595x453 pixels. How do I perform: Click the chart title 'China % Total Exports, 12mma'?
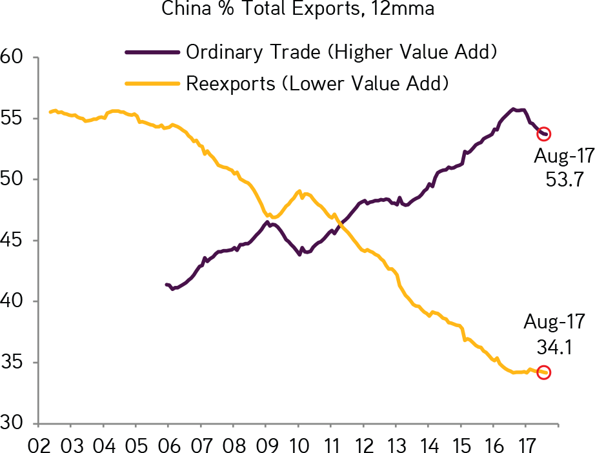click(x=297, y=9)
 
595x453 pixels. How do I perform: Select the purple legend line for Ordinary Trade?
click(x=152, y=52)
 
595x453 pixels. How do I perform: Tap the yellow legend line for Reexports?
click(x=152, y=83)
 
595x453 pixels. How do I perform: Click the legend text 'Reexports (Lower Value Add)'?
click(x=317, y=83)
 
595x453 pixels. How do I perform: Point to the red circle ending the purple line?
click(x=544, y=134)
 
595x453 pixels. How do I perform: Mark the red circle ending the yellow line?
click(x=544, y=372)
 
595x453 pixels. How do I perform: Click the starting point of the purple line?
click(x=166, y=284)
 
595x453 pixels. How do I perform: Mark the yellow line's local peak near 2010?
click(x=299, y=191)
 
